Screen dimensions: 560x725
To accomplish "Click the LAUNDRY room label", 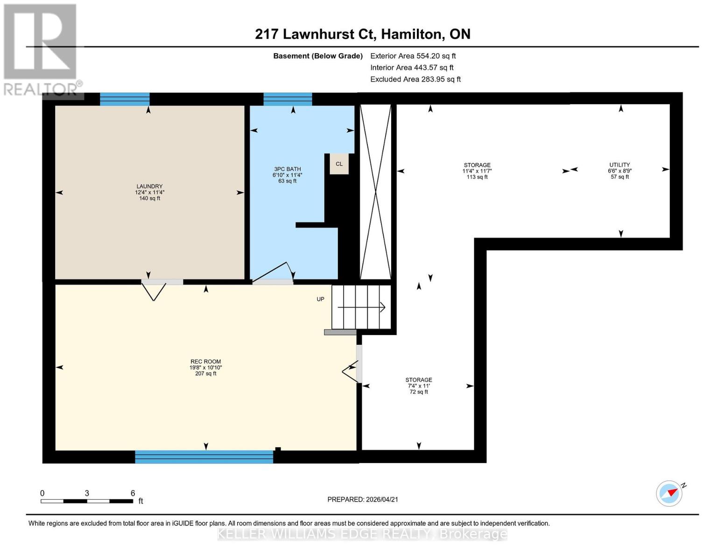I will click(x=149, y=192).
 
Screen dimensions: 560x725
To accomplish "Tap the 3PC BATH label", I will click(x=287, y=175).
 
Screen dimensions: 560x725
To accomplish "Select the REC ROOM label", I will click(x=205, y=367).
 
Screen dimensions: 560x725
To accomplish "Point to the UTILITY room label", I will click(x=619, y=170).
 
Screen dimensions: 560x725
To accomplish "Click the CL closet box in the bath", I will click(x=339, y=164).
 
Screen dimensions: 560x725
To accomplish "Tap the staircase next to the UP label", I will click(x=361, y=307).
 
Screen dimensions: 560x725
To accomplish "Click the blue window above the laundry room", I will click(x=125, y=99).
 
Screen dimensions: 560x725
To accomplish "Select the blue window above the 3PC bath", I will click(x=288, y=99).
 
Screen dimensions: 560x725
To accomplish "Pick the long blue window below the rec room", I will click(x=204, y=456).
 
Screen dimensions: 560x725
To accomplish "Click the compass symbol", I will click(x=669, y=493).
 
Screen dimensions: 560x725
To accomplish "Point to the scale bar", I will click(x=87, y=501).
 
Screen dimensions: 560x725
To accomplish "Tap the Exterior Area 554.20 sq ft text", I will click(x=413, y=56).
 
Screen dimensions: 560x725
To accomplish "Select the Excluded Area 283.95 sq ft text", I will click(x=415, y=79).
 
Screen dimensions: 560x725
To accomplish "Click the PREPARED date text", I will click(x=362, y=499).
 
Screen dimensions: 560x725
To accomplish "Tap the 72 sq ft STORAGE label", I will click(x=418, y=385).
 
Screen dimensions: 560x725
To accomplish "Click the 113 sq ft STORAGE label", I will click(x=477, y=171).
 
